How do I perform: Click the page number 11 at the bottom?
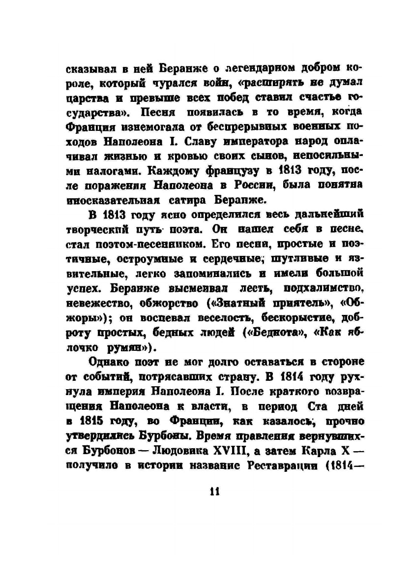213,491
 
